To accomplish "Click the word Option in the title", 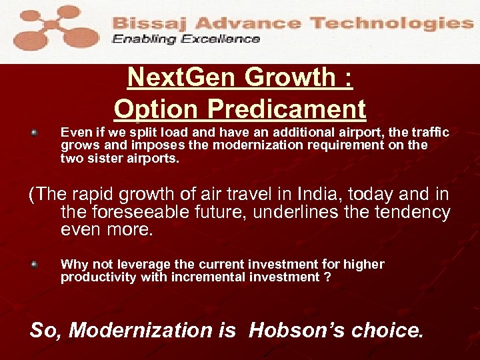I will (x=157, y=109).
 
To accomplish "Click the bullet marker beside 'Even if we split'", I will (x=34, y=133).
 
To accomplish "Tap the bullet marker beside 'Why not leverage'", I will (x=34, y=264).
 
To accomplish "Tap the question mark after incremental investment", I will (x=327, y=277).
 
